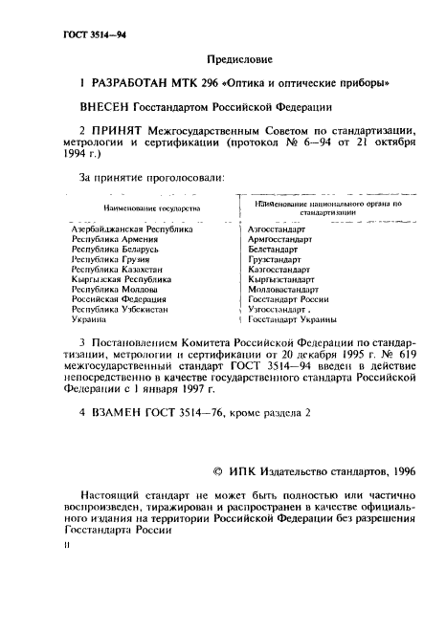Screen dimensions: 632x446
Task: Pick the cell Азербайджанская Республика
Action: (132, 230)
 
